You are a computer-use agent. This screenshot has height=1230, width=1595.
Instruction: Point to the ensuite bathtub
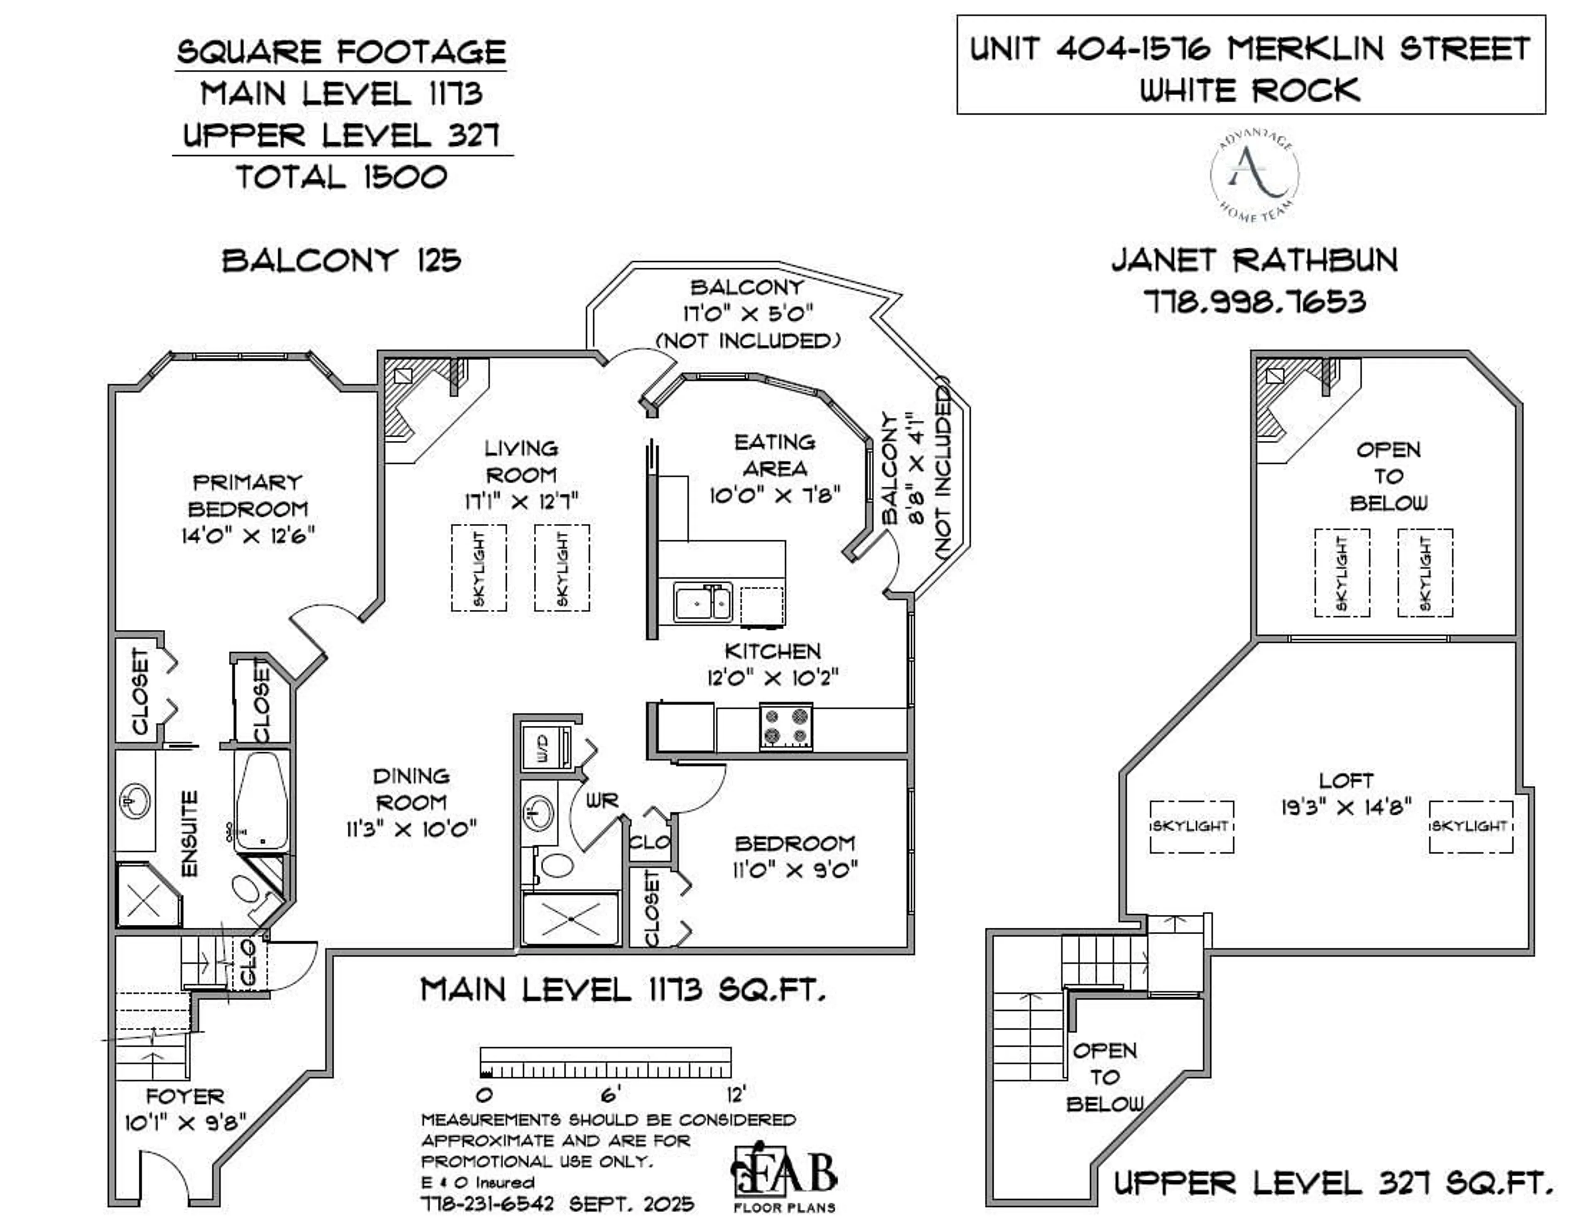(261, 800)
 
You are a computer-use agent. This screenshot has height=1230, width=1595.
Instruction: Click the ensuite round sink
(135, 801)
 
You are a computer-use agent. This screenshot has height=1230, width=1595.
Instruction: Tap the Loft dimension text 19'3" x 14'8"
(1346, 807)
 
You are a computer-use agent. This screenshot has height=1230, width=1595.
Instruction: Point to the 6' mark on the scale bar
(611, 1093)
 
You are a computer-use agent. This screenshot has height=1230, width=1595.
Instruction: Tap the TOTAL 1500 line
(341, 177)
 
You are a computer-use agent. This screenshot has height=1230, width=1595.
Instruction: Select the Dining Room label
(411, 789)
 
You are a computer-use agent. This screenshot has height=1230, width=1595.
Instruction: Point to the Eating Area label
(775, 454)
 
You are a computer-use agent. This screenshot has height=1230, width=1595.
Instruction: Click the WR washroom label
(603, 800)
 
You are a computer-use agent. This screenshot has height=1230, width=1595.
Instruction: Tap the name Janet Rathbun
(1255, 261)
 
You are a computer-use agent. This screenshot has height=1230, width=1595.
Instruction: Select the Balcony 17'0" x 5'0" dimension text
(748, 313)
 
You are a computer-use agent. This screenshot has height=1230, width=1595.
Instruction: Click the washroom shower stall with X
(571, 918)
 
